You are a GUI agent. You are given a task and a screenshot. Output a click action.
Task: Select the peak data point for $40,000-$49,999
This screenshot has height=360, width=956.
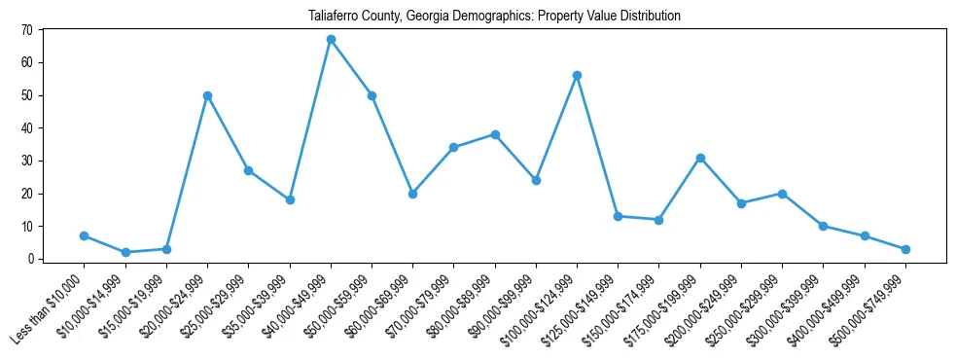[331, 40]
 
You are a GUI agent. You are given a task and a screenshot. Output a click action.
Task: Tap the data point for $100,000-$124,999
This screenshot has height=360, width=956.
[577, 75]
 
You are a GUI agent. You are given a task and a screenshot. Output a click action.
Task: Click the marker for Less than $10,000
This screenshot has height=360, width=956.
[85, 235]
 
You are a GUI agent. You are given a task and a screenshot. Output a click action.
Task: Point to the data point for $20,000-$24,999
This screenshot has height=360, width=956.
[207, 95]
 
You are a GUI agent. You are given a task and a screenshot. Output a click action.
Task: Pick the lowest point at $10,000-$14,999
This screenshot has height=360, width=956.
[125, 252]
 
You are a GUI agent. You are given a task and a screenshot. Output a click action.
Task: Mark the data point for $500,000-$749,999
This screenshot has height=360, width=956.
[905, 249]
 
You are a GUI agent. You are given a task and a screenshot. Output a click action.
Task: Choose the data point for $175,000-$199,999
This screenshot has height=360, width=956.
[700, 158]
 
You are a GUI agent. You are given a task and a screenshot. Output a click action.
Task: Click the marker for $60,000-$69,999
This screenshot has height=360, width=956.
[412, 194]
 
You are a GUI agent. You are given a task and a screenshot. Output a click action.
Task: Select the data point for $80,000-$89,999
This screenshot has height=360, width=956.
[495, 134]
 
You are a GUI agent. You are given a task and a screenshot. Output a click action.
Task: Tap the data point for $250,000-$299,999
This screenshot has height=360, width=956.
[782, 194]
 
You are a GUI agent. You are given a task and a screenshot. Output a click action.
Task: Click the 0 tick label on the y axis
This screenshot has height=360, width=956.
[30, 259]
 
